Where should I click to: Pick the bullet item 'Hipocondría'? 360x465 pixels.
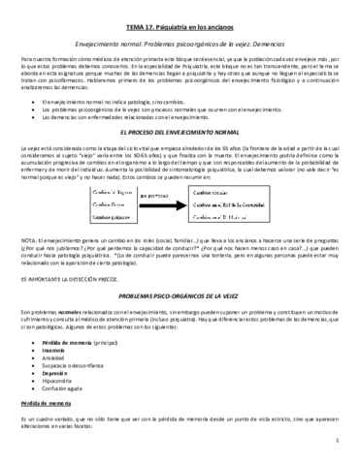click(61, 387)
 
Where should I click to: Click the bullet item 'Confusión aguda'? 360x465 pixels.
click(65, 397)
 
